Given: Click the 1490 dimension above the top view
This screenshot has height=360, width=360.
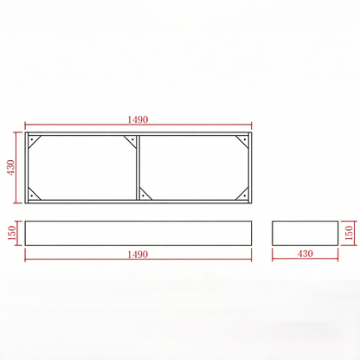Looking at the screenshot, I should (x=139, y=119).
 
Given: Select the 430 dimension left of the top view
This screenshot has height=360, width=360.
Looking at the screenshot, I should (x=11, y=167).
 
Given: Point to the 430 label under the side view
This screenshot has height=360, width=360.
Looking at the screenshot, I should (x=305, y=254).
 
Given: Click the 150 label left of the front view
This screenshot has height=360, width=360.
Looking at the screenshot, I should (x=11, y=232).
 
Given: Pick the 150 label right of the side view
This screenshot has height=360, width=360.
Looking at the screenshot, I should (x=349, y=232).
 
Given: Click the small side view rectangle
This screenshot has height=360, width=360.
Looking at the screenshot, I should (x=305, y=232).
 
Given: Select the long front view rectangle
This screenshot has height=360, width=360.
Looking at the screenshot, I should (x=138, y=232).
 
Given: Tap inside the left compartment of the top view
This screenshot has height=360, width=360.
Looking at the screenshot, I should (x=82, y=167).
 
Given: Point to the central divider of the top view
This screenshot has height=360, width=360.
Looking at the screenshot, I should (x=138, y=167).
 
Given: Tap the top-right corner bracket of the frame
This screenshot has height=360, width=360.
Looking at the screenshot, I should (x=245, y=140).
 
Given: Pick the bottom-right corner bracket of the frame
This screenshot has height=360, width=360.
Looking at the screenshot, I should (x=245, y=195).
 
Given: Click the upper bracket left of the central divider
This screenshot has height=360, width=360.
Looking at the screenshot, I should (x=132, y=140).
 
